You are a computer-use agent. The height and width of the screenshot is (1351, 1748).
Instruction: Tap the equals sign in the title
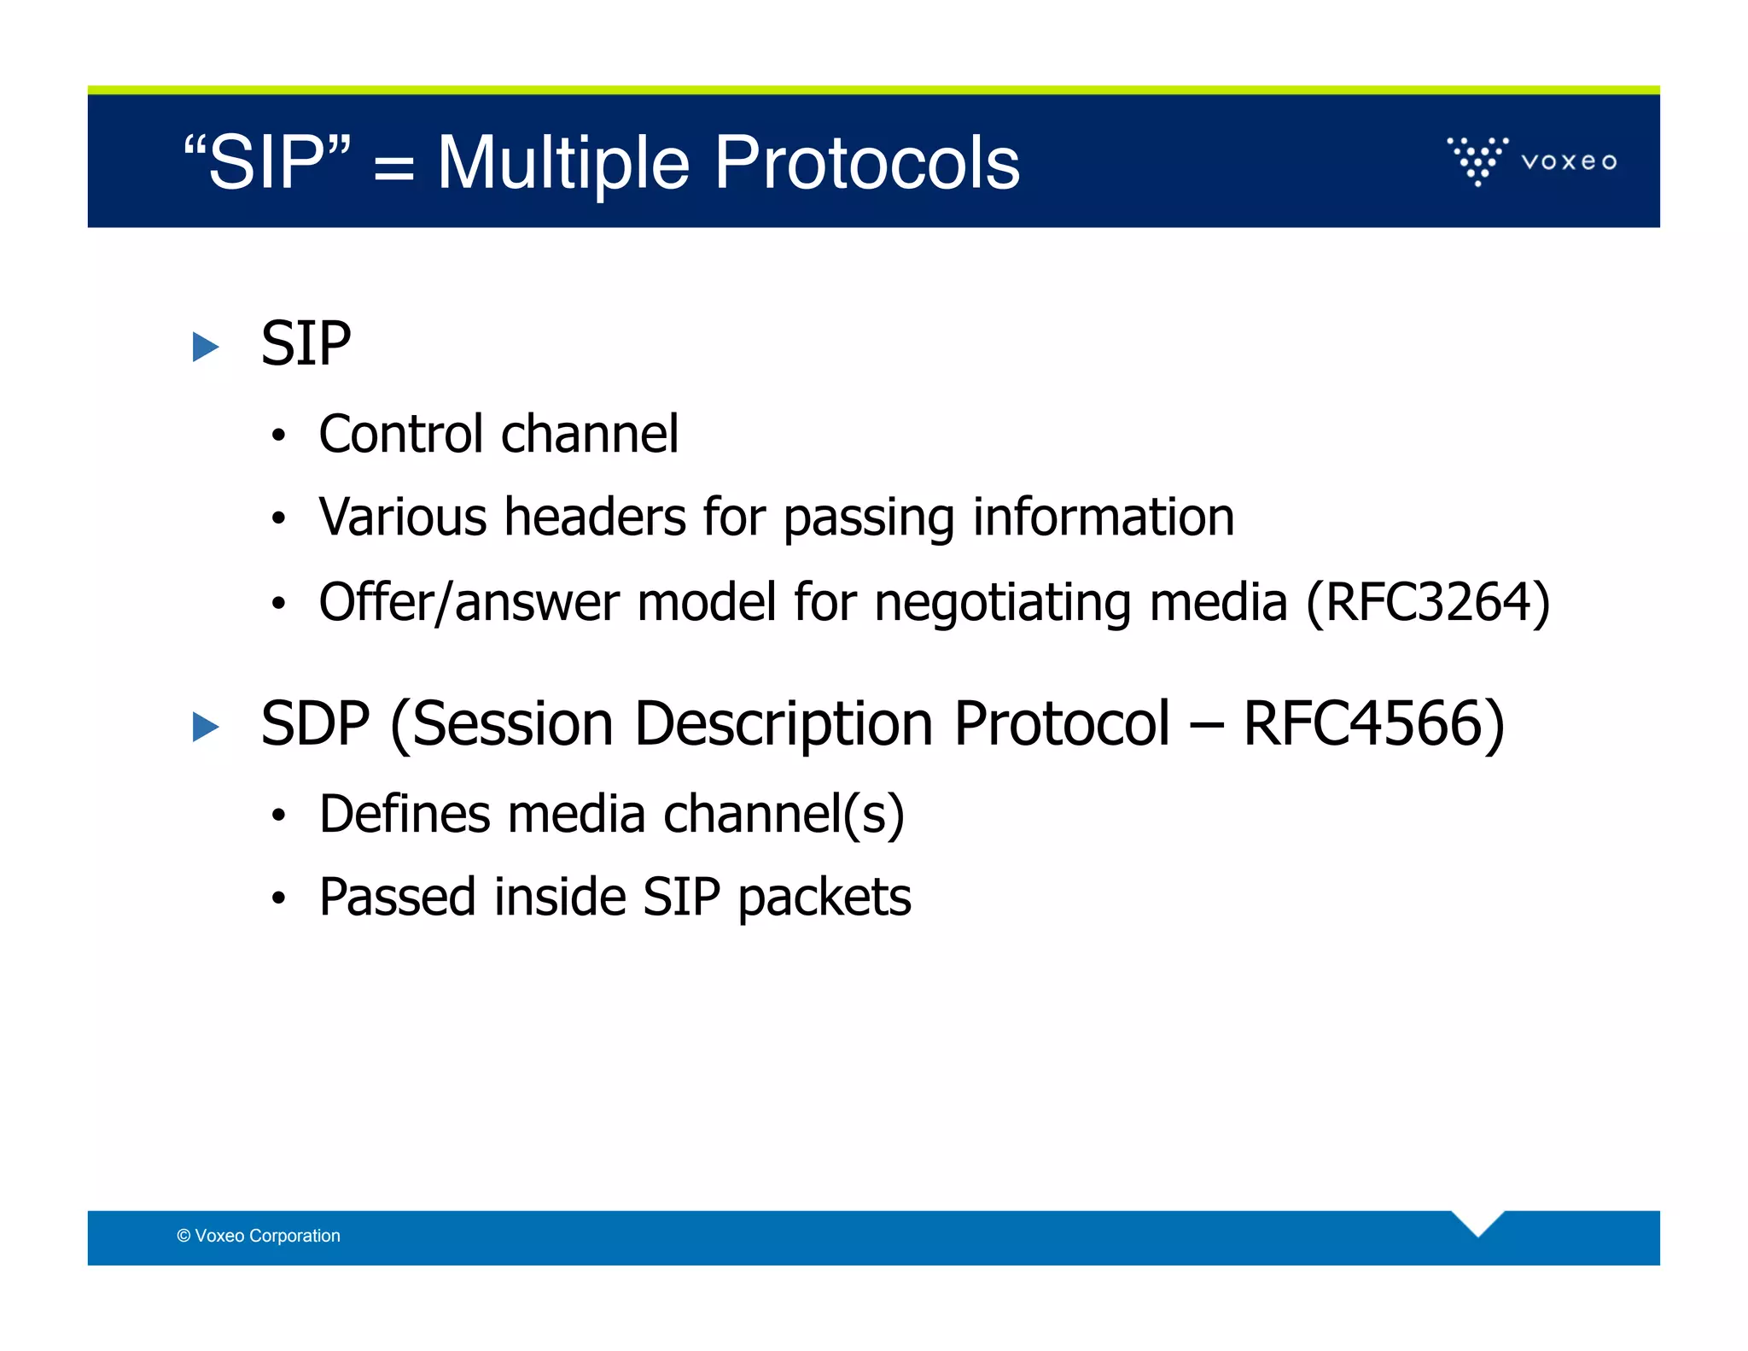(393, 167)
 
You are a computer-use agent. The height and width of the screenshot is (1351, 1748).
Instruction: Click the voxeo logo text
(1569, 161)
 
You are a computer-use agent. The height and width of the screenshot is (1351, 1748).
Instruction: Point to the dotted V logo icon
(1477, 160)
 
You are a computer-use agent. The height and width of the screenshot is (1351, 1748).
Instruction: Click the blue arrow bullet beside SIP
(206, 347)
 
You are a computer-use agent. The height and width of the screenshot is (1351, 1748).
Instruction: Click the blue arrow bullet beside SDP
(206, 727)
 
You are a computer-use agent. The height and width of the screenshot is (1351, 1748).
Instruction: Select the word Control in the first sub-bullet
(401, 434)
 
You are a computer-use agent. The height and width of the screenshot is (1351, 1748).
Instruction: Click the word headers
(595, 518)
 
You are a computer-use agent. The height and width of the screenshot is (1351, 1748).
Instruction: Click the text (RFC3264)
(1427, 603)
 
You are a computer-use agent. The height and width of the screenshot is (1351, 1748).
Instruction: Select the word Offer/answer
(469, 603)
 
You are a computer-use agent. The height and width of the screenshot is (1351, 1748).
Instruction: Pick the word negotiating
(1002, 603)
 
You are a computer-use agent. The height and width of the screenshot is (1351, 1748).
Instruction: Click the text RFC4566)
(1373, 724)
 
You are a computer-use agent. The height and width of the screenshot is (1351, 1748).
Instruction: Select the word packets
(824, 898)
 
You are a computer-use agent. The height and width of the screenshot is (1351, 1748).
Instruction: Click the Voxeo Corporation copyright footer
(259, 1236)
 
